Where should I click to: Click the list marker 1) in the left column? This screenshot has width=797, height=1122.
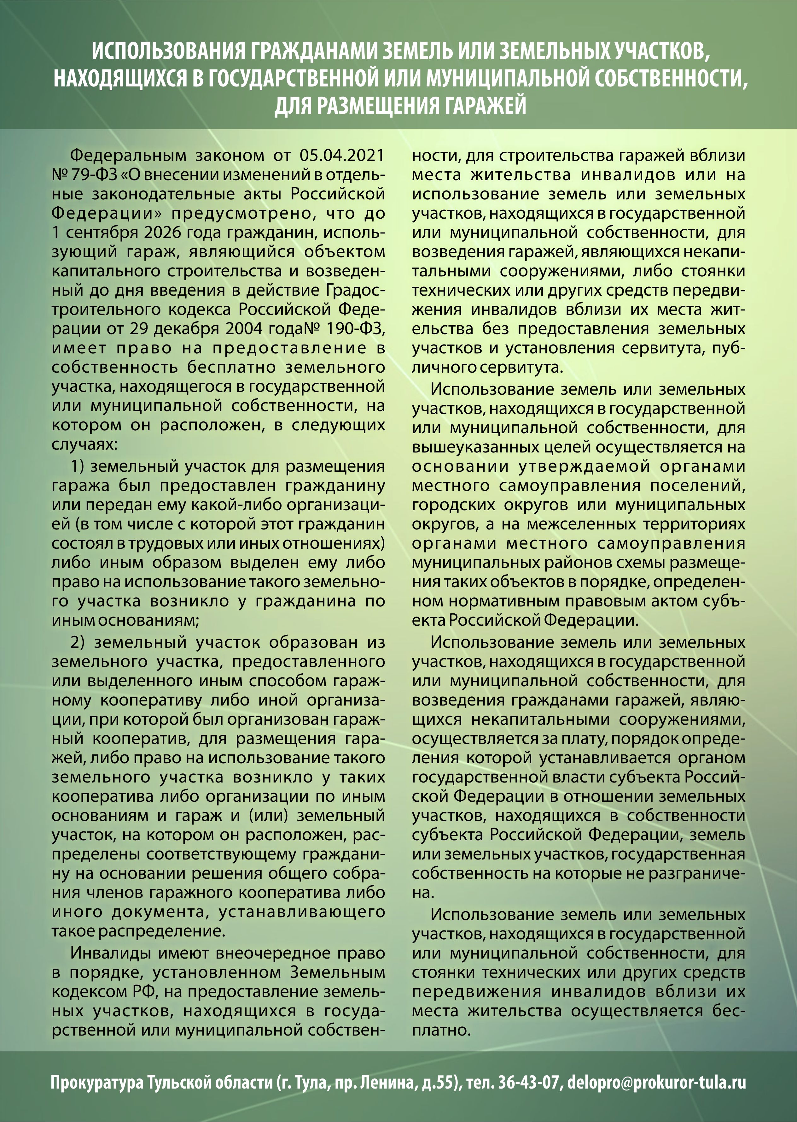click(x=78, y=466)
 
